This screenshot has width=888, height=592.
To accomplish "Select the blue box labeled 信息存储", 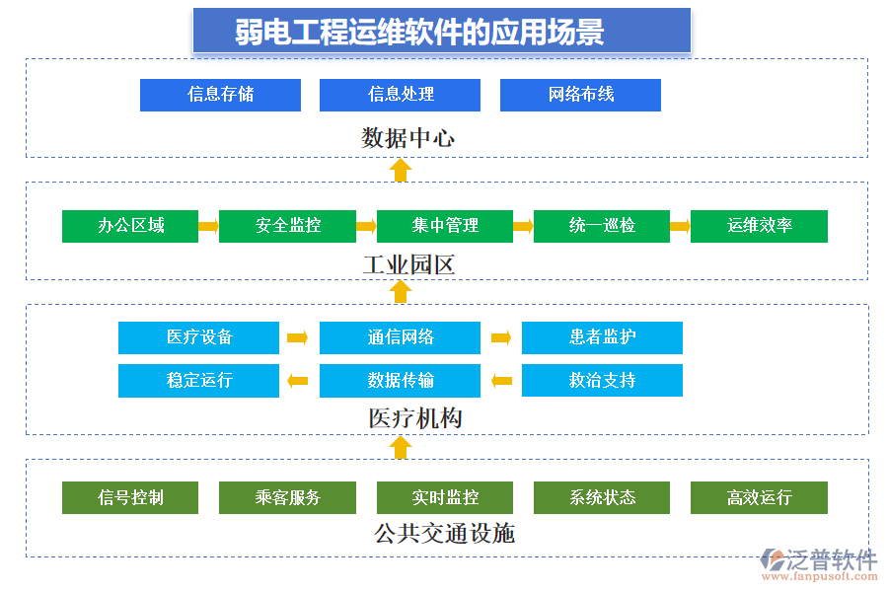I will click(220, 95).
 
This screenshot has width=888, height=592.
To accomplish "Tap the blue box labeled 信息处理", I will click(400, 95).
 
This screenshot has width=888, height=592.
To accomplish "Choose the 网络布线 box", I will click(580, 95).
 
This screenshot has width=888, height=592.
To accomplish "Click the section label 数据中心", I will click(407, 137).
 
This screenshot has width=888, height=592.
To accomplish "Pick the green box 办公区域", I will click(130, 226).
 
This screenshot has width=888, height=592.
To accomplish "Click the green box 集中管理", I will click(444, 226).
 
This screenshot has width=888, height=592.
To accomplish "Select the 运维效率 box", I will click(759, 226).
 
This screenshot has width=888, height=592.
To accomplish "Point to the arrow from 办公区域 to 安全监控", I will click(208, 226).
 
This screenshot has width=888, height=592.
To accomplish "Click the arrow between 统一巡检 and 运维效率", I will click(680, 226).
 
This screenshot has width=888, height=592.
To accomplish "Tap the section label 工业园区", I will click(407, 264).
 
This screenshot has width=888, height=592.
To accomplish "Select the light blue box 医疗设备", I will click(198, 337).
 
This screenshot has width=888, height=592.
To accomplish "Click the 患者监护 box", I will click(602, 337).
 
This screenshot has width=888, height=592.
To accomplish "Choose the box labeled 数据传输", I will click(400, 381).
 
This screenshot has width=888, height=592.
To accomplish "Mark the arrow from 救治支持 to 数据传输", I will click(501, 381).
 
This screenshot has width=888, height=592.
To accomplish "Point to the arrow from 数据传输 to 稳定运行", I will click(297, 381).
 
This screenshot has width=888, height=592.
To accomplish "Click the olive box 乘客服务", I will click(287, 498).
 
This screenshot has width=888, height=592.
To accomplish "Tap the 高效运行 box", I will click(759, 498).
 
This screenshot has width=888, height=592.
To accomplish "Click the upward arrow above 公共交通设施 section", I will click(400, 448).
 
